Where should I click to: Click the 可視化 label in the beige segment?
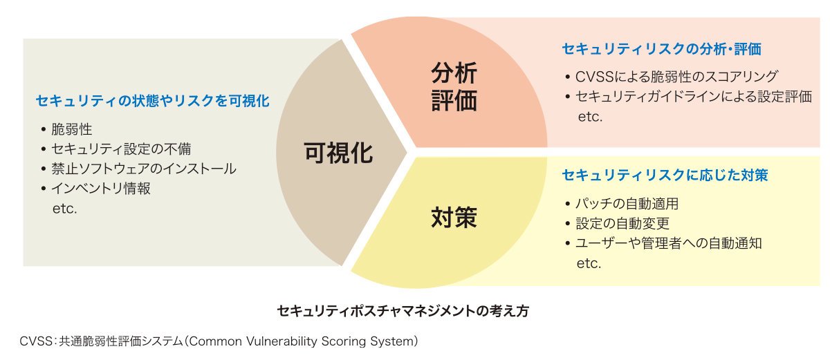338,153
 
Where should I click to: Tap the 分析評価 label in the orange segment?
454,87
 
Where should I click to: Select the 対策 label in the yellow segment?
454,218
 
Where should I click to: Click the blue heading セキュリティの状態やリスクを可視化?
153,101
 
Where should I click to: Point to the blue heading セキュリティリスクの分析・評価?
662,49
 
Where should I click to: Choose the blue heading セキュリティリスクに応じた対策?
665,175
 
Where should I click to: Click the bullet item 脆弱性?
71,129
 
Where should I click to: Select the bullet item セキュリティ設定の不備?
121,149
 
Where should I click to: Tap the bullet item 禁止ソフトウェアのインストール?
144,169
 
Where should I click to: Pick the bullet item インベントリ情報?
101,189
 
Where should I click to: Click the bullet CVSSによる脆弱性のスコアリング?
676,77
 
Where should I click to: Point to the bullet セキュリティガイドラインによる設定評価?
694,97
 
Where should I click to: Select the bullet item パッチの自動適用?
627,204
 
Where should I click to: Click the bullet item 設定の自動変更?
622,223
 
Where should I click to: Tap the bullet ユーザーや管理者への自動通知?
668,243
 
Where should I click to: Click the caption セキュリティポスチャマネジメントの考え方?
403,311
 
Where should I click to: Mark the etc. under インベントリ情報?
65,209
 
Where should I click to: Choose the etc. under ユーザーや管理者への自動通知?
589,263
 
